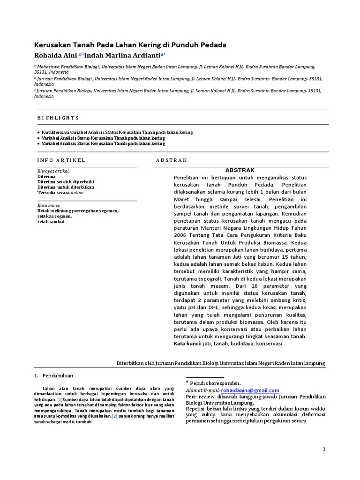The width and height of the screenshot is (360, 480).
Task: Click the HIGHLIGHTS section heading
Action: tap(58, 118)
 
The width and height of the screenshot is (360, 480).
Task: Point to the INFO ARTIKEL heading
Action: tap(61, 160)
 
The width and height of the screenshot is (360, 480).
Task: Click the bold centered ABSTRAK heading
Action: tap(240, 170)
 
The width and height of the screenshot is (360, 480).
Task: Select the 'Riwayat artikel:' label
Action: tap(52, 171)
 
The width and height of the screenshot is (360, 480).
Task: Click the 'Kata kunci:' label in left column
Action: tap(49, 205)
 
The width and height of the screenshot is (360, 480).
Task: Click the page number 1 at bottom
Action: tap(323, 449)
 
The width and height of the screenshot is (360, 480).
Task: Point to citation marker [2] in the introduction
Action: tap(114, 416)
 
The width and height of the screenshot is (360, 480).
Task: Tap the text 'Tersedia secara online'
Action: tap(60, 192)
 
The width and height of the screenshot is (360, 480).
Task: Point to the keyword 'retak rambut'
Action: tap(51, 221)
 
